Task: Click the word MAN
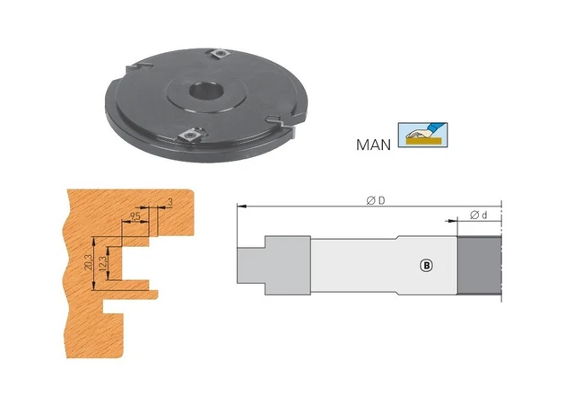tap(373, 145)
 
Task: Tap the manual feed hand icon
tap(422, 135)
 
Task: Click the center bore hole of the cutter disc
tap(206, 91)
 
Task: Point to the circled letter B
tap(426, 265)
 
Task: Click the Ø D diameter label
tap(376, 200)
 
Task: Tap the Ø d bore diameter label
tap(478, 215)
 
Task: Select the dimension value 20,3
tap(89, 262)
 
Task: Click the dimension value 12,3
tap(103, 263)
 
